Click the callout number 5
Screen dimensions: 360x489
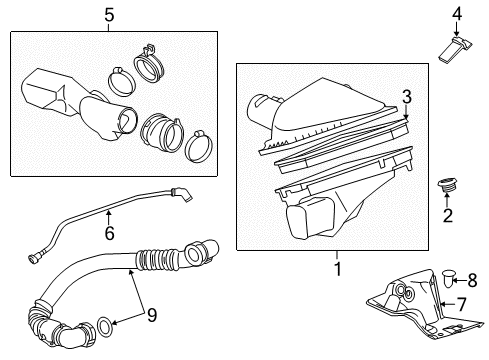pos(109,15)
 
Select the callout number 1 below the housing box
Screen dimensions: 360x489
pos(337,269)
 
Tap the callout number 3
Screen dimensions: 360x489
pos(406,95)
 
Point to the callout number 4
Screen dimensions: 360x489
pos(455,13)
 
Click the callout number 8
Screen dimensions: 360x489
pos(473,281)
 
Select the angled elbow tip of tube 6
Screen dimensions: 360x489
pos(183,196)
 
